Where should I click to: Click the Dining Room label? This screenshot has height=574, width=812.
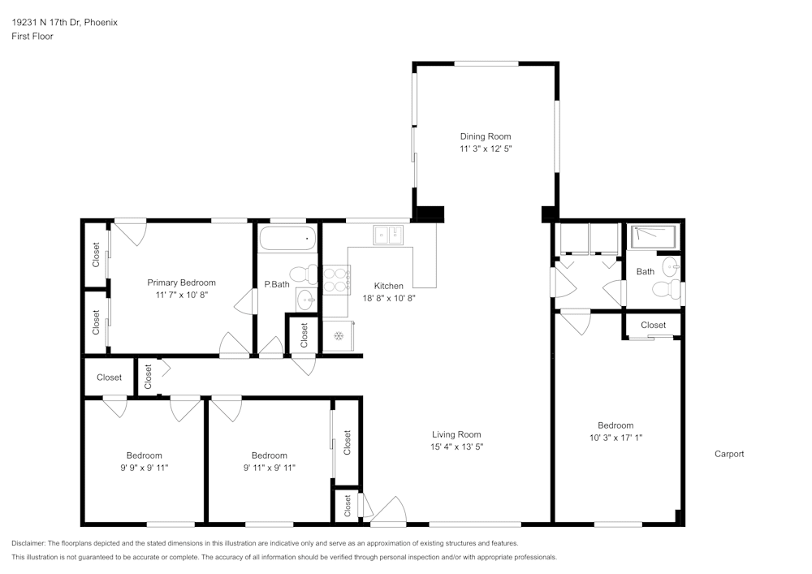486,136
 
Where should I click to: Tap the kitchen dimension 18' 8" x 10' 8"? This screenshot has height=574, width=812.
389,298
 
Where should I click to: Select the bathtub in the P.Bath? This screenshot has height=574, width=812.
287,240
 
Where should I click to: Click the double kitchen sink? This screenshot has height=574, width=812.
388,235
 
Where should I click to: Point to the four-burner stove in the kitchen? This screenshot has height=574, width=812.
336,279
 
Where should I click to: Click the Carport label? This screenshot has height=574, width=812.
728,454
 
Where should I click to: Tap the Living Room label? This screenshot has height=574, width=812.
456,434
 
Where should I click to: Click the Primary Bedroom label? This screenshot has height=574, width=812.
181,283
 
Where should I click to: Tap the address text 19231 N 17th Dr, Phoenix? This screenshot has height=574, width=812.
64,23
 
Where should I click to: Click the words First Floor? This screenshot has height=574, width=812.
32,37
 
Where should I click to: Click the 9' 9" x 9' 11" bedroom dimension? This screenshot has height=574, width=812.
144,468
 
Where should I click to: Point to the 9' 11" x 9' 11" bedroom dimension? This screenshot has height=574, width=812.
269,468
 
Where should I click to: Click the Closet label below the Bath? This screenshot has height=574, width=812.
653,325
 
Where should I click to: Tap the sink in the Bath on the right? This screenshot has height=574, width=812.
671,267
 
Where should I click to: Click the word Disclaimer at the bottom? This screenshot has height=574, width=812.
29,543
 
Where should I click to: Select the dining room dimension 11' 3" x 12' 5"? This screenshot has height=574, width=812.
486,149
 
